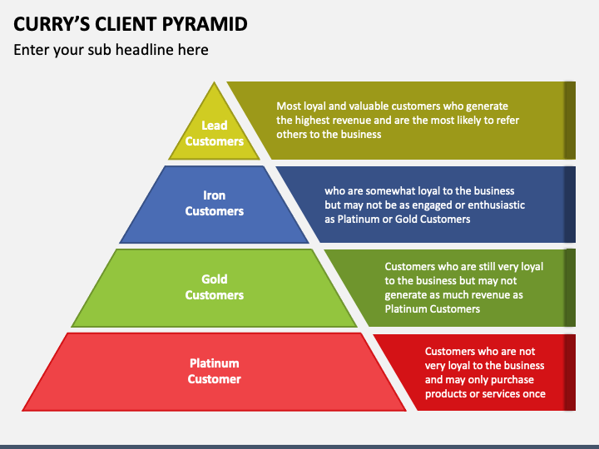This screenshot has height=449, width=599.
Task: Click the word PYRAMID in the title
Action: click(205, 23)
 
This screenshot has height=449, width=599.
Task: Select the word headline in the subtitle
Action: click(145, 50)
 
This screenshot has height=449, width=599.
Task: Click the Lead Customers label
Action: click(215, 133)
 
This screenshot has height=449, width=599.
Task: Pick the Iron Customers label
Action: click(215, 203)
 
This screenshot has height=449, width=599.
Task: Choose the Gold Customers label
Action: click(215, 287)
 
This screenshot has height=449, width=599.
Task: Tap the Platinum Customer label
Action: click(215, 371)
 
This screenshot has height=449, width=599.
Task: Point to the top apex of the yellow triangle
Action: click(215, 81)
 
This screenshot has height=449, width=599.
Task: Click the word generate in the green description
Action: click(403, 295)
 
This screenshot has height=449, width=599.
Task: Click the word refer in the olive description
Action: click(507, 121)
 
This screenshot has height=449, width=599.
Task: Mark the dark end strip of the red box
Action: click(570, 373)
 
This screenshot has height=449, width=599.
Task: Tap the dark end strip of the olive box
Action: click(570, 121)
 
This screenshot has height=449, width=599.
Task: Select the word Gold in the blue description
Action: click(406, 220)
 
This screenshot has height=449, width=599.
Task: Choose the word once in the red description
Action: click(534, 394)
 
